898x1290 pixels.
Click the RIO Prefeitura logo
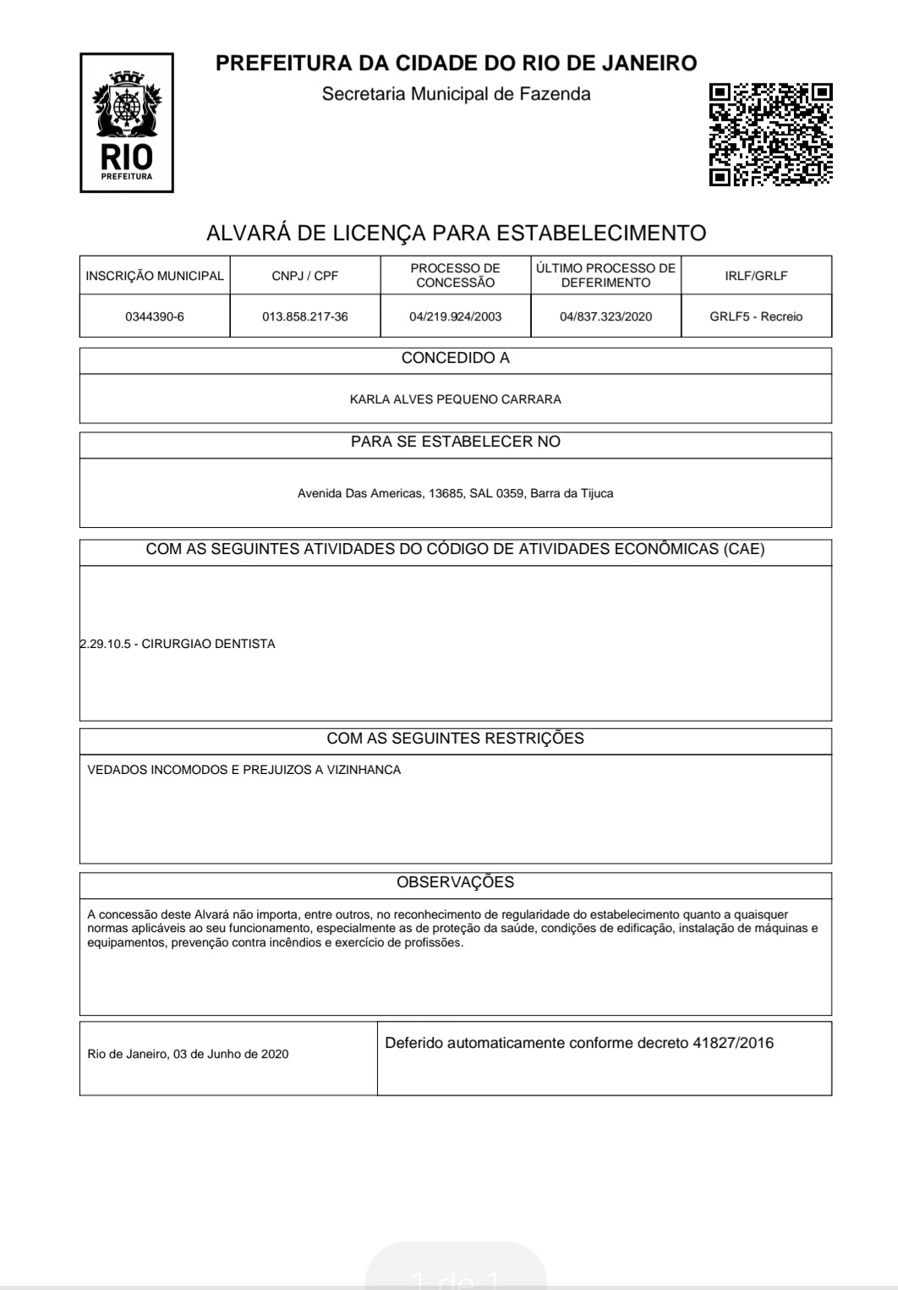(127, 123)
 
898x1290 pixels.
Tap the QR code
(770, 134)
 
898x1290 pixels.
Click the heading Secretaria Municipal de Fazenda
(456, 94)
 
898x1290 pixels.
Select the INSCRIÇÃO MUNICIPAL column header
(155, 276)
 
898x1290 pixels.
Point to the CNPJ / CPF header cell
(305, 276)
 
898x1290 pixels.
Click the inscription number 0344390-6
(155, 317)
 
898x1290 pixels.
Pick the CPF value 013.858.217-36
(305, 317)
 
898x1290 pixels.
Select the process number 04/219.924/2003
(456, 317)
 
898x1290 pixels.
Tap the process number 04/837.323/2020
(606, 317)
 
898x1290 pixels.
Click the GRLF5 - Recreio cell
(756, 317)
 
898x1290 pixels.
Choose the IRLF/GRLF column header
(756, 276)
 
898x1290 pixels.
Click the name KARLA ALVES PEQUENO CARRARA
(456, 399)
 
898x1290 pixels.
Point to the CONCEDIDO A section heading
(456, 359)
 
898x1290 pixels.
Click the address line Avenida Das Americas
(456, 493)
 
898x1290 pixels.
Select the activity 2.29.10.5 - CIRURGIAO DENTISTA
(178, 644)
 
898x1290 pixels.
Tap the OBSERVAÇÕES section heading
(456, 882)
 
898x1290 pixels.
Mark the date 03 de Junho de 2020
(230, 1054)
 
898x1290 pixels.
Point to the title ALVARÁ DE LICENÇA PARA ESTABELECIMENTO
(456, 233)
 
